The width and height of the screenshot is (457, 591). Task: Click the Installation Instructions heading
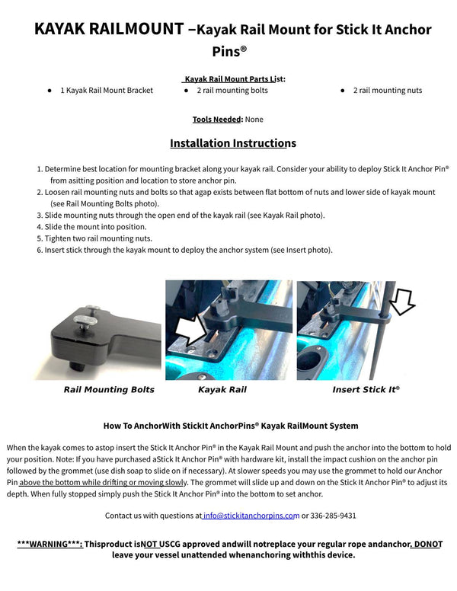(232, 143)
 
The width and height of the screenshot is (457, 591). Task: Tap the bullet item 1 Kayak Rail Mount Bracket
(107, 91)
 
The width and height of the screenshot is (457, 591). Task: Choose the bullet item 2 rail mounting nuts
(387, 91)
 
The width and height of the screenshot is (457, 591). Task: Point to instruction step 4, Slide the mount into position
(95, 227)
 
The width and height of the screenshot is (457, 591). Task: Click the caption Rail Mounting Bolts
(109, 390)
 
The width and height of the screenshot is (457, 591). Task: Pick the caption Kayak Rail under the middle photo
(222, 390)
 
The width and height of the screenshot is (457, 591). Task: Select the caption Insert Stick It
(365, 390)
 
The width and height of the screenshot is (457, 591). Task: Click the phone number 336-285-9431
(334, 516)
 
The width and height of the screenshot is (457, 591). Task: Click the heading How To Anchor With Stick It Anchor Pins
(231, 426)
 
